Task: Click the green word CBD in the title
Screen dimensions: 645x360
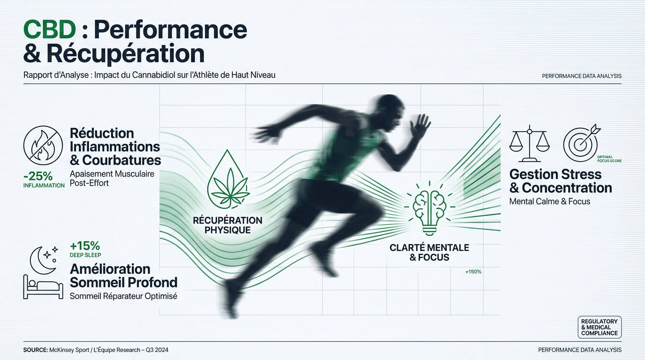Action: pos(50,30)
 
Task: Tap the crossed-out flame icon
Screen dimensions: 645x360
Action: pos(43,145)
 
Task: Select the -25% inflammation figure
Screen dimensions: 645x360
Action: pos(38,176)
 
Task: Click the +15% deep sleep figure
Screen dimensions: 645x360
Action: pos(85,246)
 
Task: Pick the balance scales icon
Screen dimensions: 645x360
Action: pos(529,143)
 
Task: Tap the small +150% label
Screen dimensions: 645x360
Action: pos(473,271)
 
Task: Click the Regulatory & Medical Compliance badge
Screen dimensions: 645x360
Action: pos(600,327)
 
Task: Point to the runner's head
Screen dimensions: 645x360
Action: pos(386,111)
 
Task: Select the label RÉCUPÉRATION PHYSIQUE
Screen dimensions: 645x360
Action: pos(227,225)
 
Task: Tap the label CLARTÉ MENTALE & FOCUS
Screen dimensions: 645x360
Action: pos(429,252)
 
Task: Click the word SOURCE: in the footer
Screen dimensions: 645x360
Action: pos(36,350)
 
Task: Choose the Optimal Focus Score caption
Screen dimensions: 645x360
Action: pos(609,159)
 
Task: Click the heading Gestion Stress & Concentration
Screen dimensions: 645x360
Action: pos(561,181)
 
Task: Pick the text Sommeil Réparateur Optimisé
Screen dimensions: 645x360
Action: pos(124,296)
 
